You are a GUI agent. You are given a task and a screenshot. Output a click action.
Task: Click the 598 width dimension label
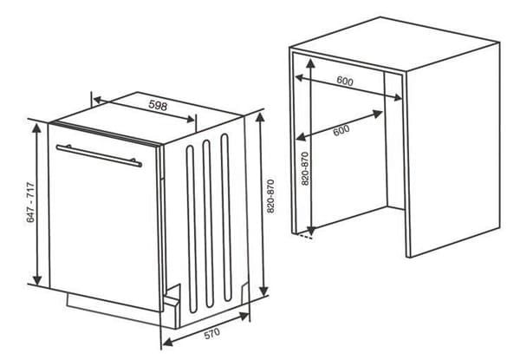tap(157, 106)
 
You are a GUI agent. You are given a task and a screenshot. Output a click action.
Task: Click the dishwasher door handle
tap(98, 154)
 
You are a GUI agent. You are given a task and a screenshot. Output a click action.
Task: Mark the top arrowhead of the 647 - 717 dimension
tap(36, 127)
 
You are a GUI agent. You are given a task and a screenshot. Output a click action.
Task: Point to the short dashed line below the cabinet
tap(303, 237)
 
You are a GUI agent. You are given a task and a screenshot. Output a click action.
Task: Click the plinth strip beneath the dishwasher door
tap(113, 304)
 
